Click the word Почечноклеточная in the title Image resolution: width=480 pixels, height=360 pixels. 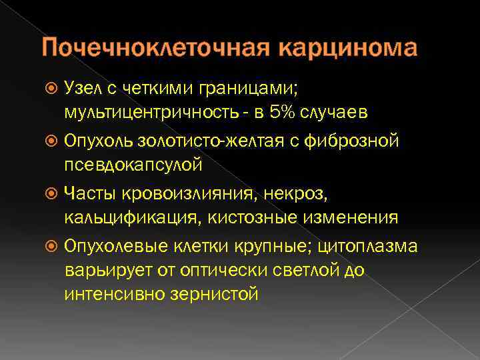coord(156,49)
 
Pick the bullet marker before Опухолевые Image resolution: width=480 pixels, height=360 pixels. coord(53,247)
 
